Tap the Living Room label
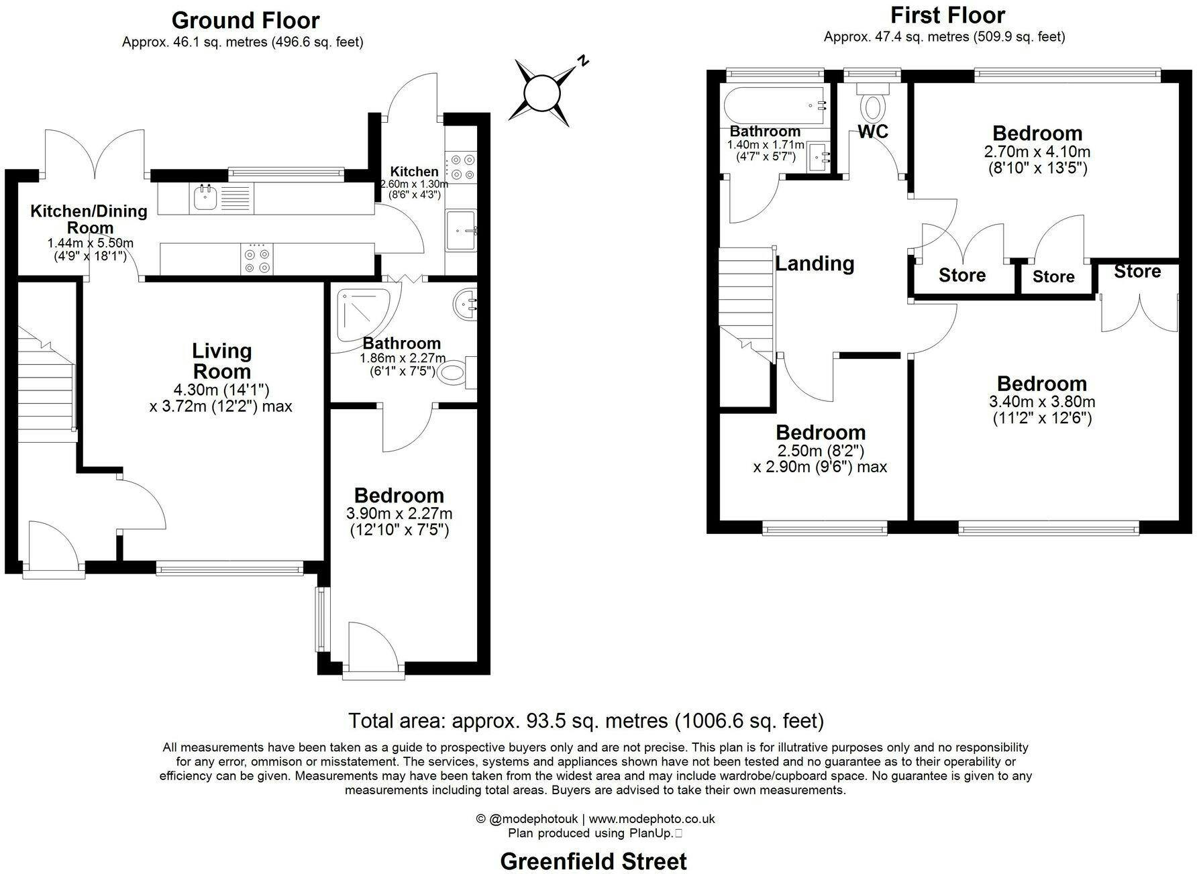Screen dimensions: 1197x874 click(x=221, y=361)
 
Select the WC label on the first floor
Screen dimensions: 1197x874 click(x=873, y=131)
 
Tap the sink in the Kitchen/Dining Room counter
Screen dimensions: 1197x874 click(x=203, y=197)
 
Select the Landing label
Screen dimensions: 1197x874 click(x=815, y=264)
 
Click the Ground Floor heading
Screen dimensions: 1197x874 click(x=246, y=21)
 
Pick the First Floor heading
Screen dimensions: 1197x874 click(x=947, y=15)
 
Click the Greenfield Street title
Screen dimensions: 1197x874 click(x=594, y=861)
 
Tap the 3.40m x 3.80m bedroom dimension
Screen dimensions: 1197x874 click(x=1042, y=402)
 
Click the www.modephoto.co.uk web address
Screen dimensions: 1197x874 click(x=643, y=819)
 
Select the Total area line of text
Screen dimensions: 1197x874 click(x=586, y=721)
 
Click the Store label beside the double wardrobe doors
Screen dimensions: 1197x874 click(x=1138, y=272)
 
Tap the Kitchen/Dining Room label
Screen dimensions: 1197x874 click(x=89, y=219)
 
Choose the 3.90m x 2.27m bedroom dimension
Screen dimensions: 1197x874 click(x=399, y=514)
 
